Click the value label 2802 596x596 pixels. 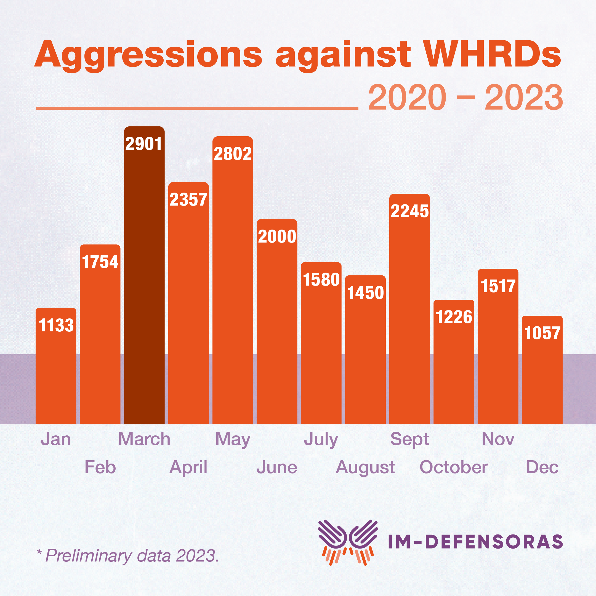point(233,154)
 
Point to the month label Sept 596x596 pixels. point(409,439)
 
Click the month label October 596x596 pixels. point(453,467)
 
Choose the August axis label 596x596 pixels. point(365,467)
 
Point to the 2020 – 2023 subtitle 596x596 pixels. point(465,97)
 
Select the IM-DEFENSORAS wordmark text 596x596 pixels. point(475,542)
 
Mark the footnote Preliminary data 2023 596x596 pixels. point(128,556)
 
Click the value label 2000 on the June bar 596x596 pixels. point(277,237)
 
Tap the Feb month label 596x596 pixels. point(100,467)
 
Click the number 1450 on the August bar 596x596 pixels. point(365,293)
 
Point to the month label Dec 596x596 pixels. point(542,467)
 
